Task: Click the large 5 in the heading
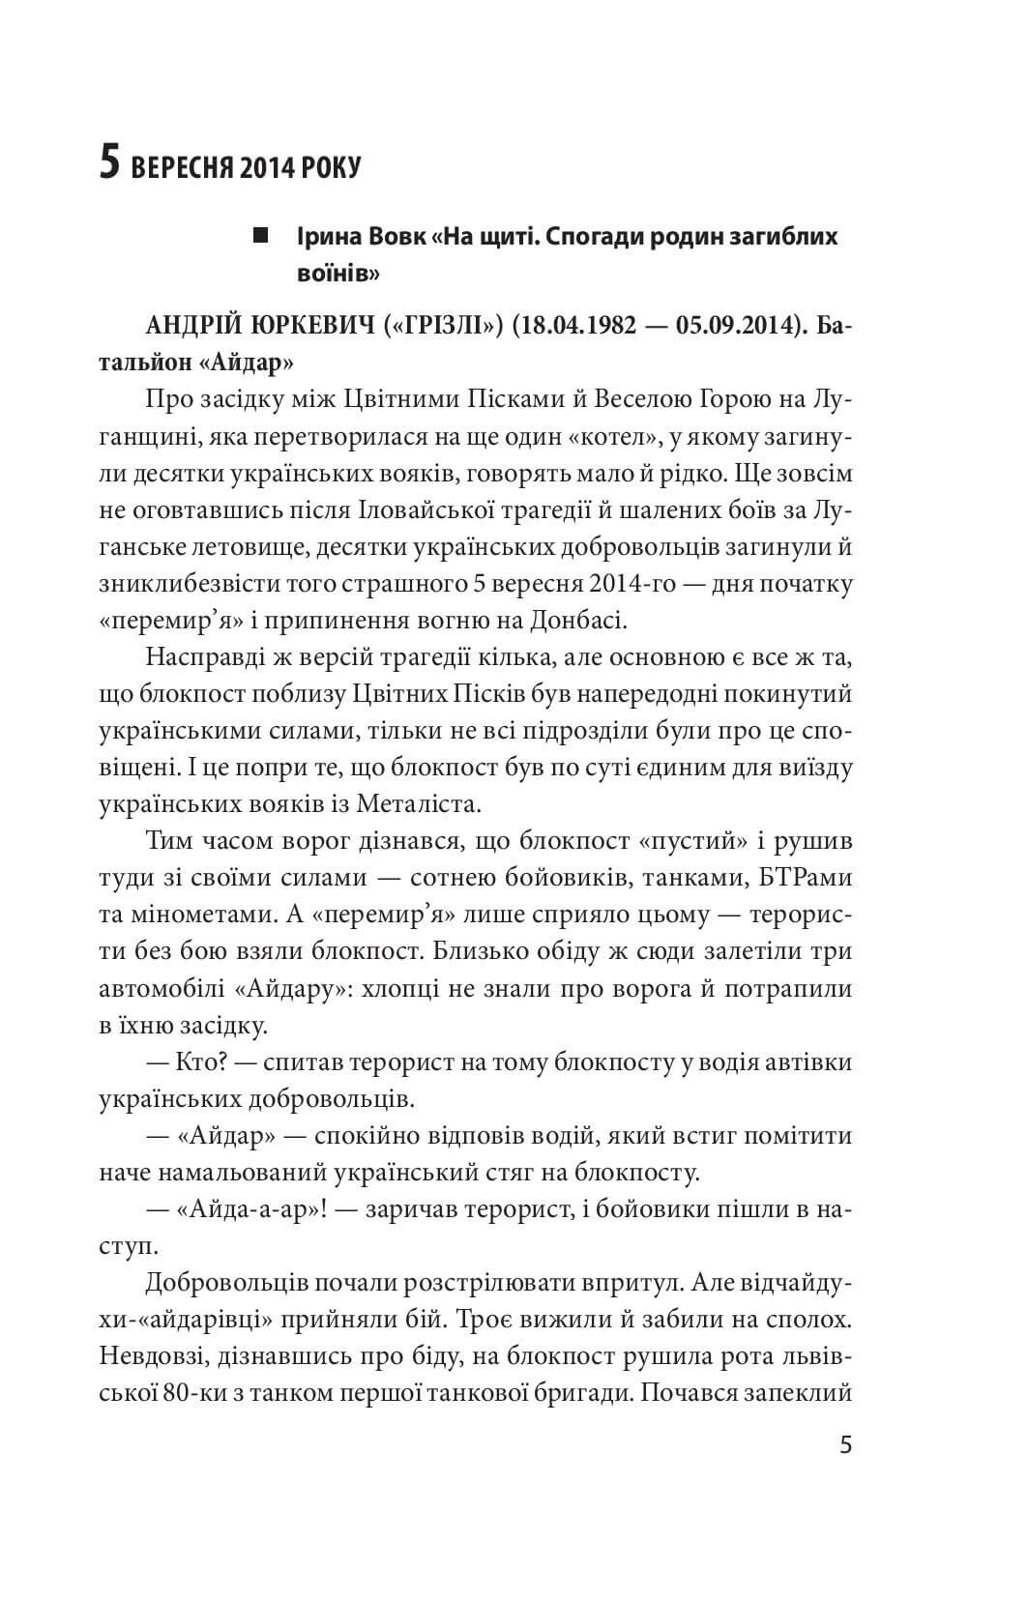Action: coord(110,165)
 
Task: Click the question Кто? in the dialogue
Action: coord(201,1063)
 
